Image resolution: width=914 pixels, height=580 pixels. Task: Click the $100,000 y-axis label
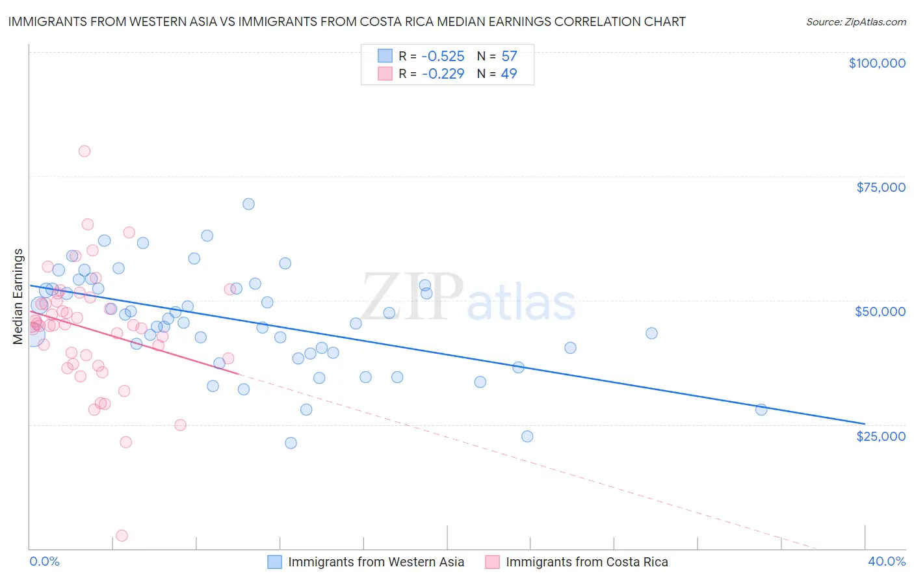pyautogui.click(x=877, y=63)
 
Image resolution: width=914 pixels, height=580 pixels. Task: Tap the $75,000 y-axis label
pyautogui.click(x=881, y=187)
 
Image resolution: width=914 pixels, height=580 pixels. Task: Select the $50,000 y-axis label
pyautogui.click(x=880, y=311)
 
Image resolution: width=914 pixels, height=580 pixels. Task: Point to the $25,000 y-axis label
pyautogui.click(x=881, y=436)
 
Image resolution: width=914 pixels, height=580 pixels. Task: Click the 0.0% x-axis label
pyautogui.click(x=44, y=561)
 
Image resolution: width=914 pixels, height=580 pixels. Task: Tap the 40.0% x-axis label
pyautogui.click(x=887, y=561)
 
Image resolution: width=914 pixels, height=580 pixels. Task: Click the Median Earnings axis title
pyautogui.click(x=18, y=297)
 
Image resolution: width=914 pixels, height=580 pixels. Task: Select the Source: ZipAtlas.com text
pyautogui.click(x=856, y=22)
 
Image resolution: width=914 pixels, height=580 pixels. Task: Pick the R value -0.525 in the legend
pyautogui.click(x=443, y=56)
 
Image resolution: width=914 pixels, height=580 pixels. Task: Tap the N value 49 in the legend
pyautogui.click(x=509, y=73)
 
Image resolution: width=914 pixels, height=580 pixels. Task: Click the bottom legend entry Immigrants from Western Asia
pyautogui.click(x=376, y=562)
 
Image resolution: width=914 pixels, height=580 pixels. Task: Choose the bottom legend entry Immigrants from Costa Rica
pyautogui.click(x=586, y=562)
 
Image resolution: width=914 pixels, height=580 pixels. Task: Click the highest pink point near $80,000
pyautogui.click(x=85, y=151)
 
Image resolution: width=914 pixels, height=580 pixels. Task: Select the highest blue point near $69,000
pyautogui.click(x=248, y=204)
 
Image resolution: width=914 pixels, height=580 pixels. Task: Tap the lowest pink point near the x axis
pyautogui.click(x=122, y=536)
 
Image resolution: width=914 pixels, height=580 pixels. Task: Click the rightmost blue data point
pyautogui.click(x=761, y=410)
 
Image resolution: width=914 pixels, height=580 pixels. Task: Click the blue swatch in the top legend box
pyautogui.click(x=385, y=56)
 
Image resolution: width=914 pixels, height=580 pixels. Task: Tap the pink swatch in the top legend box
pyautogui.click(x=385, y=73)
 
